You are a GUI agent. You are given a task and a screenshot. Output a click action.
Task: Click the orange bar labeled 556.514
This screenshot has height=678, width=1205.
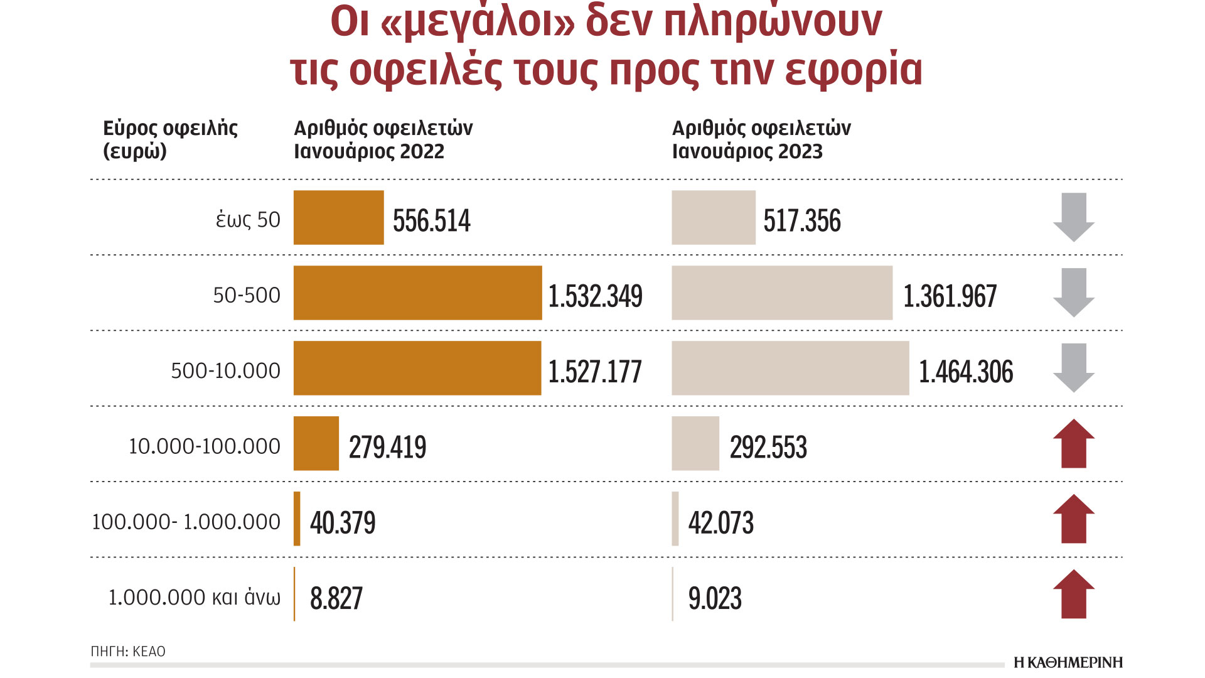coord(338,217)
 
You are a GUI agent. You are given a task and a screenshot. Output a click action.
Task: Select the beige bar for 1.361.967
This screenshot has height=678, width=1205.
coord(781,293)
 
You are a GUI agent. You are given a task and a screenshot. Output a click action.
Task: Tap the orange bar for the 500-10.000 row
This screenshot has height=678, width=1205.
coord(417,368)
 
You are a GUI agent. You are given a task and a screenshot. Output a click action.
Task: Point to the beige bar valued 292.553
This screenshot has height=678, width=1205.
coord(695,443)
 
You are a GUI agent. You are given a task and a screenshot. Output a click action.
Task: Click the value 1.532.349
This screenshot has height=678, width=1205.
coord(595,296)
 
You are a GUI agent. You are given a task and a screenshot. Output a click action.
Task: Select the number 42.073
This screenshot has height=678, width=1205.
coord(720,522)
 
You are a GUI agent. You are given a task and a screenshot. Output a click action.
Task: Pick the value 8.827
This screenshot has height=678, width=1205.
coord(336,598)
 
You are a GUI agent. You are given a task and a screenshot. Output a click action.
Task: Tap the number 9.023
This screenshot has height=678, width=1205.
coord(715,598)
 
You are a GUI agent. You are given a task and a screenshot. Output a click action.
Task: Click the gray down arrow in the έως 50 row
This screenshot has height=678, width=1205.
coord(1073,217)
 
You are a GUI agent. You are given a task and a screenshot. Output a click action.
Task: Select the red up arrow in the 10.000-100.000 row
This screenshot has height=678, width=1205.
coord(1073,443)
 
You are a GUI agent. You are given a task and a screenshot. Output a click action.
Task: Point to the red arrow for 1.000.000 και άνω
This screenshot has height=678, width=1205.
coord(1073,594)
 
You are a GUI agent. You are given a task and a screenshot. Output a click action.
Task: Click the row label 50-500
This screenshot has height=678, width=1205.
coord(247,295)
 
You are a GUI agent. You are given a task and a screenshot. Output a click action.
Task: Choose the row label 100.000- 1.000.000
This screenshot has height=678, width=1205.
coord(186,522)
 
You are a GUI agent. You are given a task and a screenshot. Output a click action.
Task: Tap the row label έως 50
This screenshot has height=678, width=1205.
coord(248,220)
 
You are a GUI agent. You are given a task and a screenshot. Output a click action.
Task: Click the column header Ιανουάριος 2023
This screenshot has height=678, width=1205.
coord(747,151)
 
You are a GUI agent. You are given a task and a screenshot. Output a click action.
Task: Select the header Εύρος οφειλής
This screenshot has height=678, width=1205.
coord(170,128)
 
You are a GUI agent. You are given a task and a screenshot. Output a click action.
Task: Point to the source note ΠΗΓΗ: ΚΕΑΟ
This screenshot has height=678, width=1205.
coord(128,652)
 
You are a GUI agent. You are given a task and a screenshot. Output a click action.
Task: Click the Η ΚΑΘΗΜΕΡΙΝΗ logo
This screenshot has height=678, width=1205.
coord(1068,662)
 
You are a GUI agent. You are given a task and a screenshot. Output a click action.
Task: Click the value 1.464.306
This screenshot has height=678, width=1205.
coord(965,372)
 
